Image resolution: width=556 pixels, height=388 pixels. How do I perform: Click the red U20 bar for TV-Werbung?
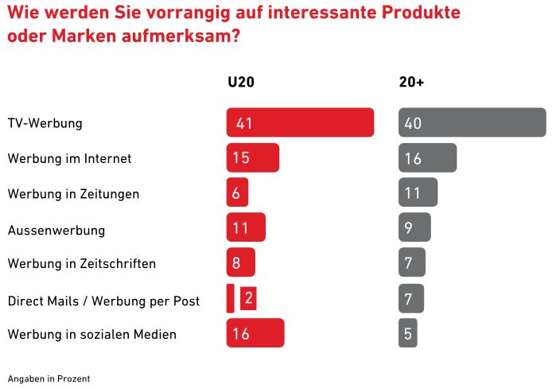tap(300, 122)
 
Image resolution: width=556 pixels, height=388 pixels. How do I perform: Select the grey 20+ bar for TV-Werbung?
tap(472, 122)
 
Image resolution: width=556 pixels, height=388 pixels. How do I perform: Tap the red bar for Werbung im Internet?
tap(253, 157)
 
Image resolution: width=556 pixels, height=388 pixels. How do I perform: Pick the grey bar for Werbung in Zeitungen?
tap(418, 192)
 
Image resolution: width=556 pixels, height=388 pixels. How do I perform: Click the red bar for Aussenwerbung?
tap(246, 227)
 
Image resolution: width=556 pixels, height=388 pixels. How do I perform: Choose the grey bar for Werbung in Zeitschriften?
tap(412, 262)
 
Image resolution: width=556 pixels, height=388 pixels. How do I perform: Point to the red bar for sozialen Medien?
tap(255, 333)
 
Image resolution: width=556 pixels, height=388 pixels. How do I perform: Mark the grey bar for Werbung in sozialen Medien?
tap(408, 333)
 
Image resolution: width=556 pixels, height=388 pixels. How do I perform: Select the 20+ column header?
tap(410, 82)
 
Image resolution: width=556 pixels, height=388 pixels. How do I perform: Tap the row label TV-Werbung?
tap(45, 124)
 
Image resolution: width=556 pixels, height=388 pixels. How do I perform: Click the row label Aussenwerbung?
tap(56, 230)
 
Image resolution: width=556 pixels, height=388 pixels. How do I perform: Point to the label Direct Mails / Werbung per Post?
tap(103, 301)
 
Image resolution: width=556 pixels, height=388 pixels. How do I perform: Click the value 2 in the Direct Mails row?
tap(248, 298)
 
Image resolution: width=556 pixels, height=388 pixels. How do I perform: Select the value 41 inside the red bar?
tap(244, 123)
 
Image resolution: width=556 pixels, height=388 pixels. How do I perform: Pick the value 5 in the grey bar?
tap(407, 334)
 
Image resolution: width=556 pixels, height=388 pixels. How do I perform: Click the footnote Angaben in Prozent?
tap(49, 378)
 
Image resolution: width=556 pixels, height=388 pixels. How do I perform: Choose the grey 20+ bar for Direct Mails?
tap(411, 298)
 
